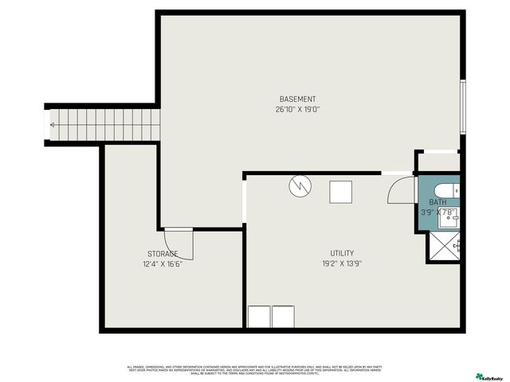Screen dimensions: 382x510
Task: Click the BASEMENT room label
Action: coord(297,99)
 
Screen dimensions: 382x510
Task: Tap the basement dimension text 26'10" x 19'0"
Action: coord(297,109)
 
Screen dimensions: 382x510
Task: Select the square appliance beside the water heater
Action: coord(340,192)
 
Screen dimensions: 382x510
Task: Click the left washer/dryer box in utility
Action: coord(259,317)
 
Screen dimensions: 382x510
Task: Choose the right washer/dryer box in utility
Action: coord(283,317)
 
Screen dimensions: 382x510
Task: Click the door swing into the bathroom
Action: coord(402,192)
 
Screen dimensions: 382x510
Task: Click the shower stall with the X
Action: coord(445,246)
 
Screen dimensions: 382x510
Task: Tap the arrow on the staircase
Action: coord(53,125)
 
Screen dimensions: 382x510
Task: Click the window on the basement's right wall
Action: coord(462,106)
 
